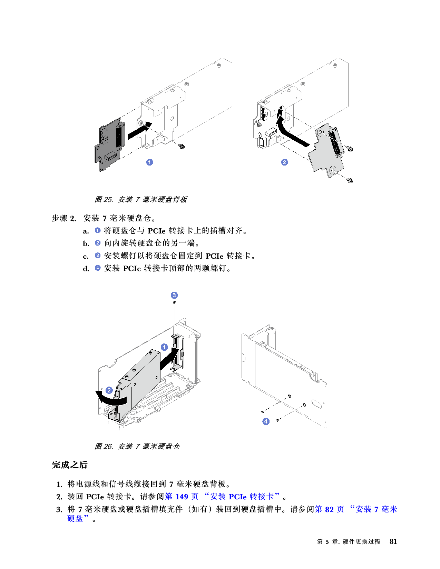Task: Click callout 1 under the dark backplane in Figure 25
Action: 149,162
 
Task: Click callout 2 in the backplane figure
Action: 284,162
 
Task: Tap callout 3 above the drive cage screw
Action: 174,296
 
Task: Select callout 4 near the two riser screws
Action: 266,421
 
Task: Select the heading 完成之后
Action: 69,465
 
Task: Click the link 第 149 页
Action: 182,497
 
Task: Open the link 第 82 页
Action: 330,509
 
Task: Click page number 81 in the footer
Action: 393,541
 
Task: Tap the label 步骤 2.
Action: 64,218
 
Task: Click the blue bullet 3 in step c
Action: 97,255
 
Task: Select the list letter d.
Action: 86,269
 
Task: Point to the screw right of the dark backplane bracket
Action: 181,147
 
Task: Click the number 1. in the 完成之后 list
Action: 59,485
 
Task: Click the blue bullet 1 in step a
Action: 97,230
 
